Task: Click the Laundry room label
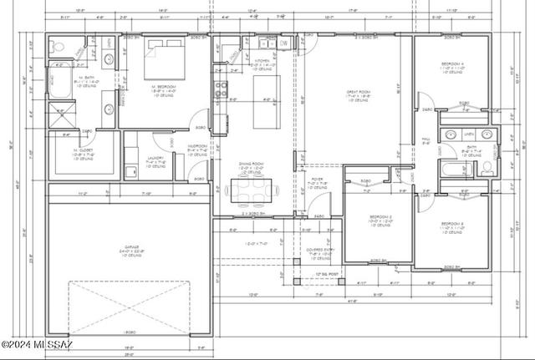154,159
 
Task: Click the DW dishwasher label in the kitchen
283,43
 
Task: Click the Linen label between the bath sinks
469,134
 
